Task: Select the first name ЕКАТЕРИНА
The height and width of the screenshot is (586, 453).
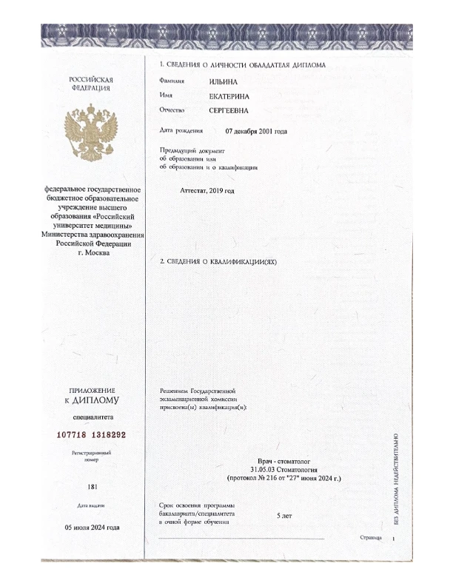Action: (230, 95)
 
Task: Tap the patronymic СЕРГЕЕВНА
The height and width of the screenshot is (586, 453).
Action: (231, 110)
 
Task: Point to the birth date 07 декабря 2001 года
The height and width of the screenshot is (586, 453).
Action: (256, 131)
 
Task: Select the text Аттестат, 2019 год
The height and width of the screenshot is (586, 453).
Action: (207, 191)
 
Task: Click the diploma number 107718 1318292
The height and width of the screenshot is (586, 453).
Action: (92, 435)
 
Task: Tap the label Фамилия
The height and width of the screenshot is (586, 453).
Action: (172, 80)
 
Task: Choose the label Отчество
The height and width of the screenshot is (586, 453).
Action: (172, 110)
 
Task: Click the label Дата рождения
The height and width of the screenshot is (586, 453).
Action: (181, 131)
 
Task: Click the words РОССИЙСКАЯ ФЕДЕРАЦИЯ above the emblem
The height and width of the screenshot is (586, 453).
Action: (91, 83)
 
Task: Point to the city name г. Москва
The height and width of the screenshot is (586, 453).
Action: (93, 252)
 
